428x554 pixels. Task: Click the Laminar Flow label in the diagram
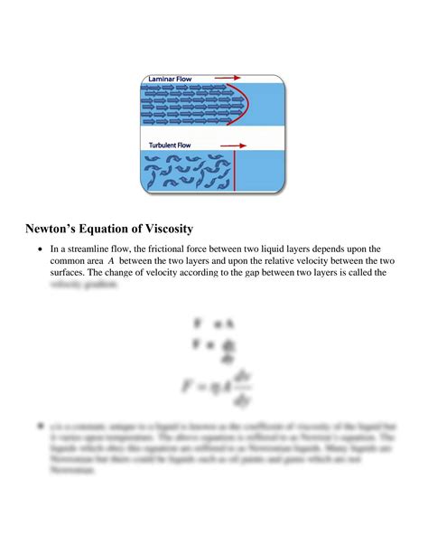(172, 80)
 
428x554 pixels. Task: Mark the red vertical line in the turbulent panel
(235, 172)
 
